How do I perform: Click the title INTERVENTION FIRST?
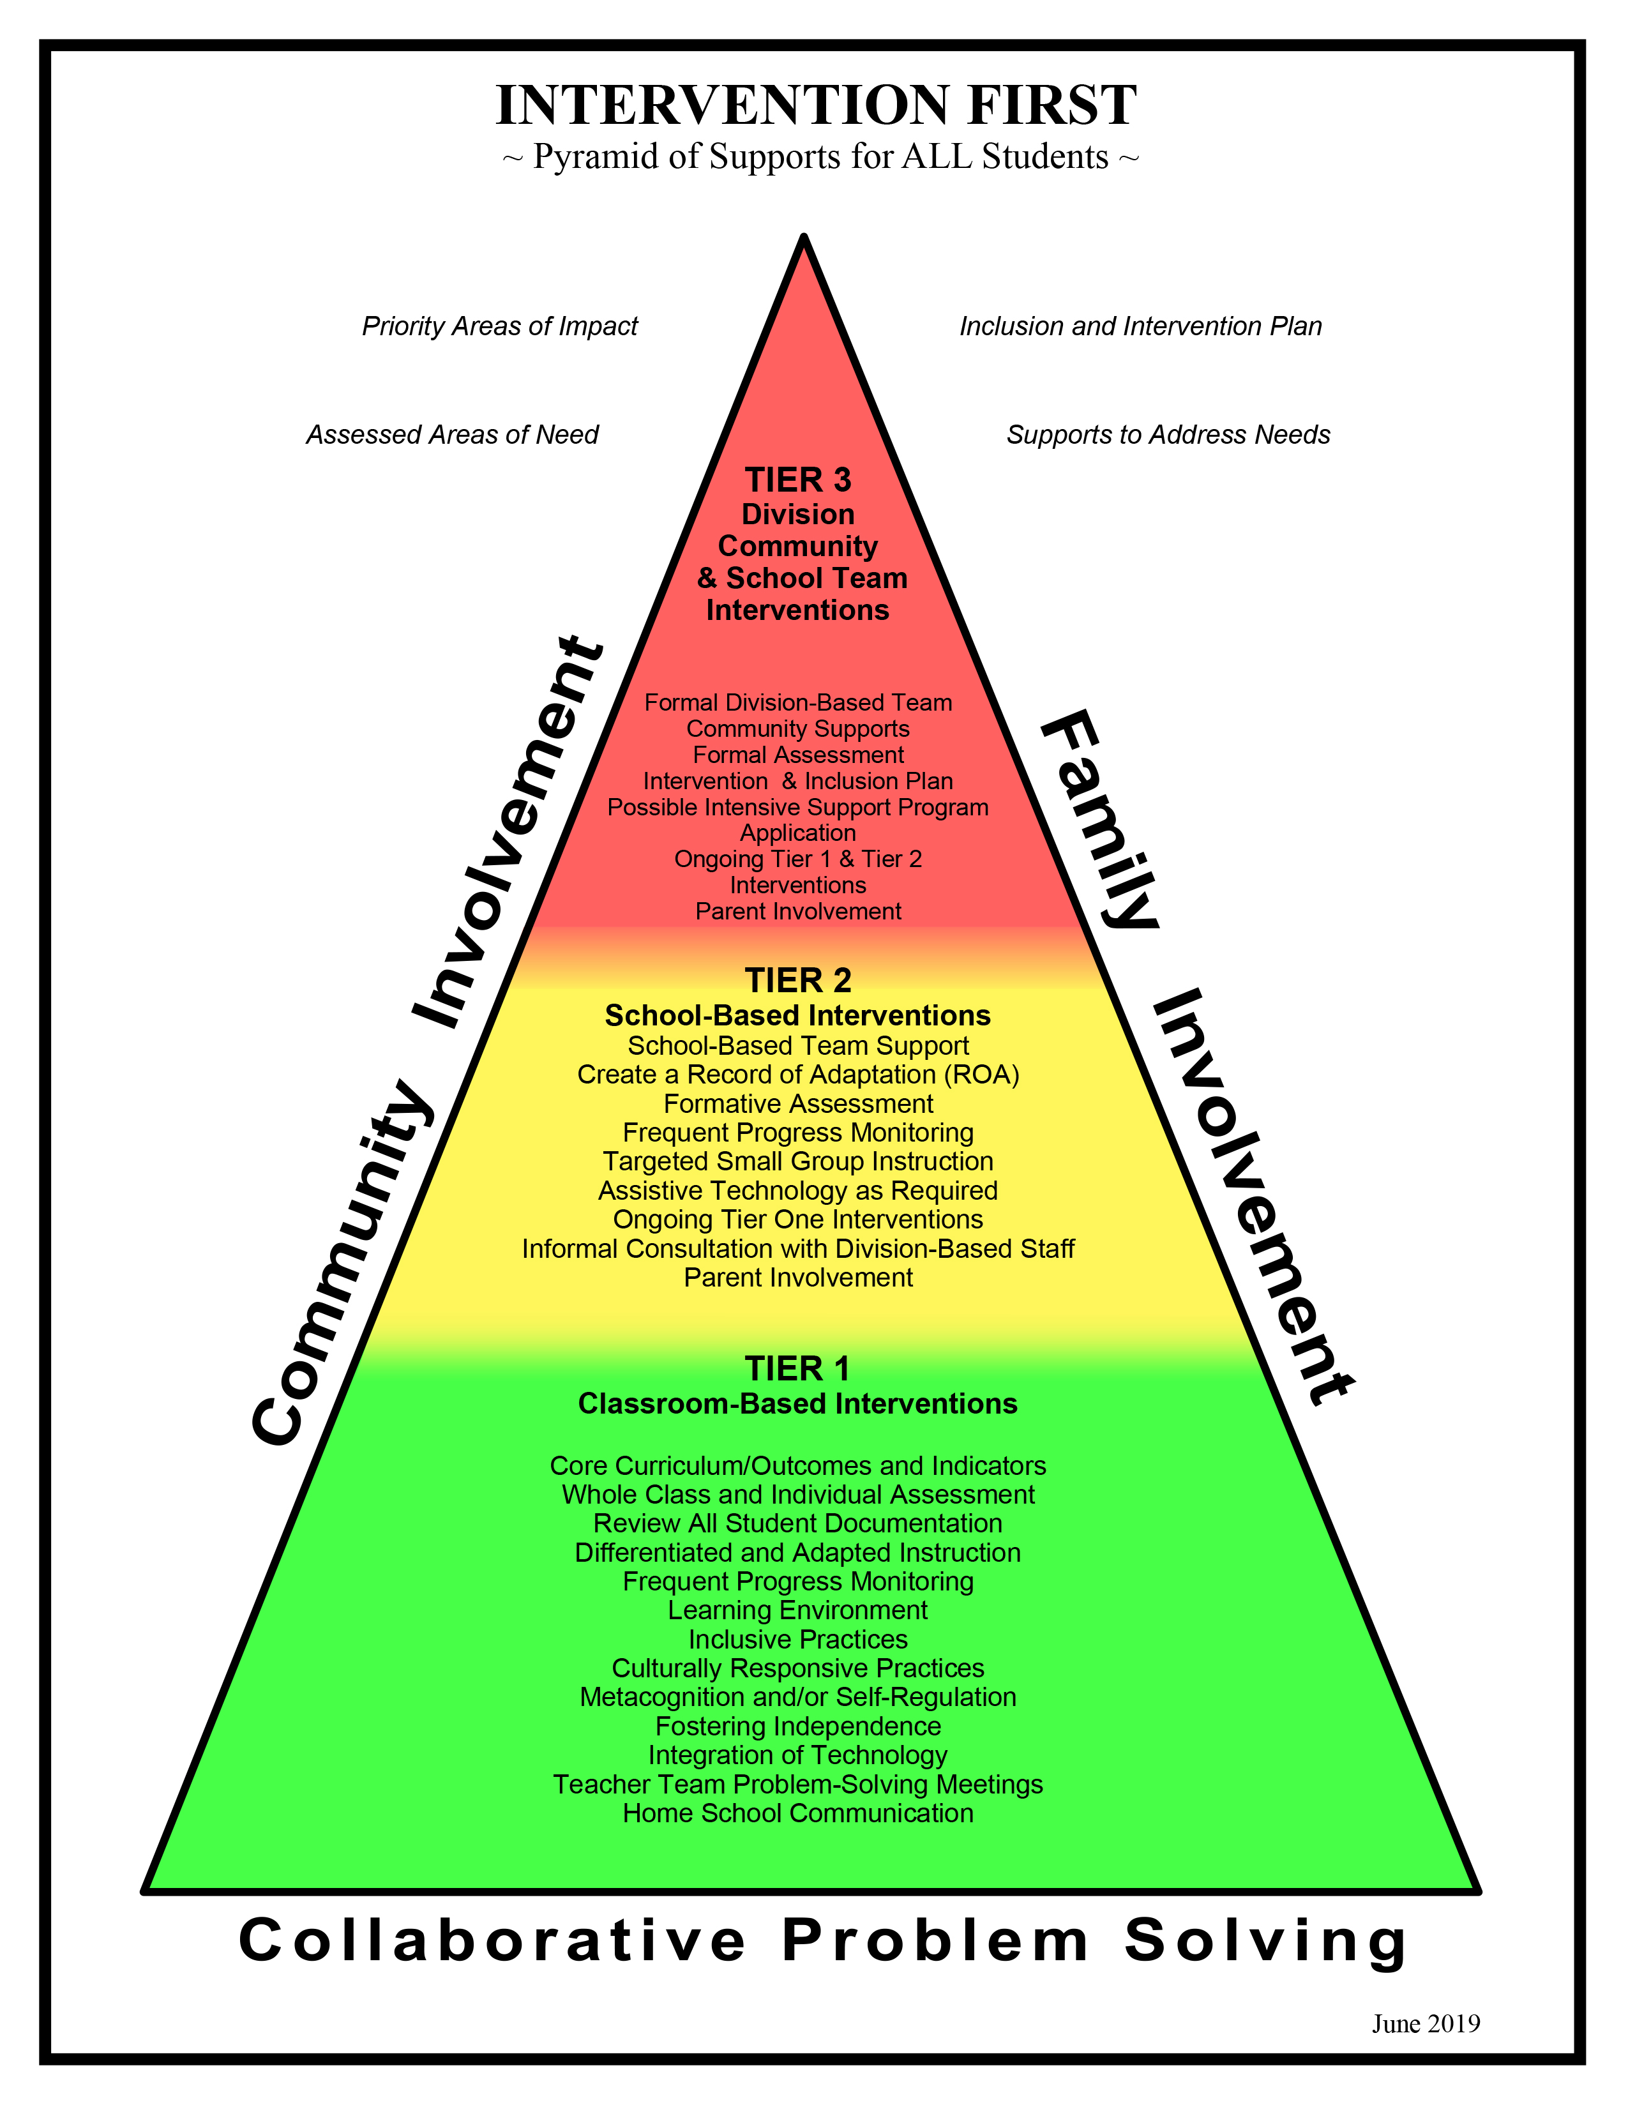816,105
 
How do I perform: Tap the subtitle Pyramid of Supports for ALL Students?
820,157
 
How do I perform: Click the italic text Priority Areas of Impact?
500,326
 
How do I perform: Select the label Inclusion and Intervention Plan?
1140,326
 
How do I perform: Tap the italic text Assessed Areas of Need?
453,435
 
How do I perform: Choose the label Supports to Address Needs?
1168,435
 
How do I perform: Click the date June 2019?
1426,2023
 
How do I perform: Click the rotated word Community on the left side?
342,1264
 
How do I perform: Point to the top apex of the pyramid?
803,238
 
